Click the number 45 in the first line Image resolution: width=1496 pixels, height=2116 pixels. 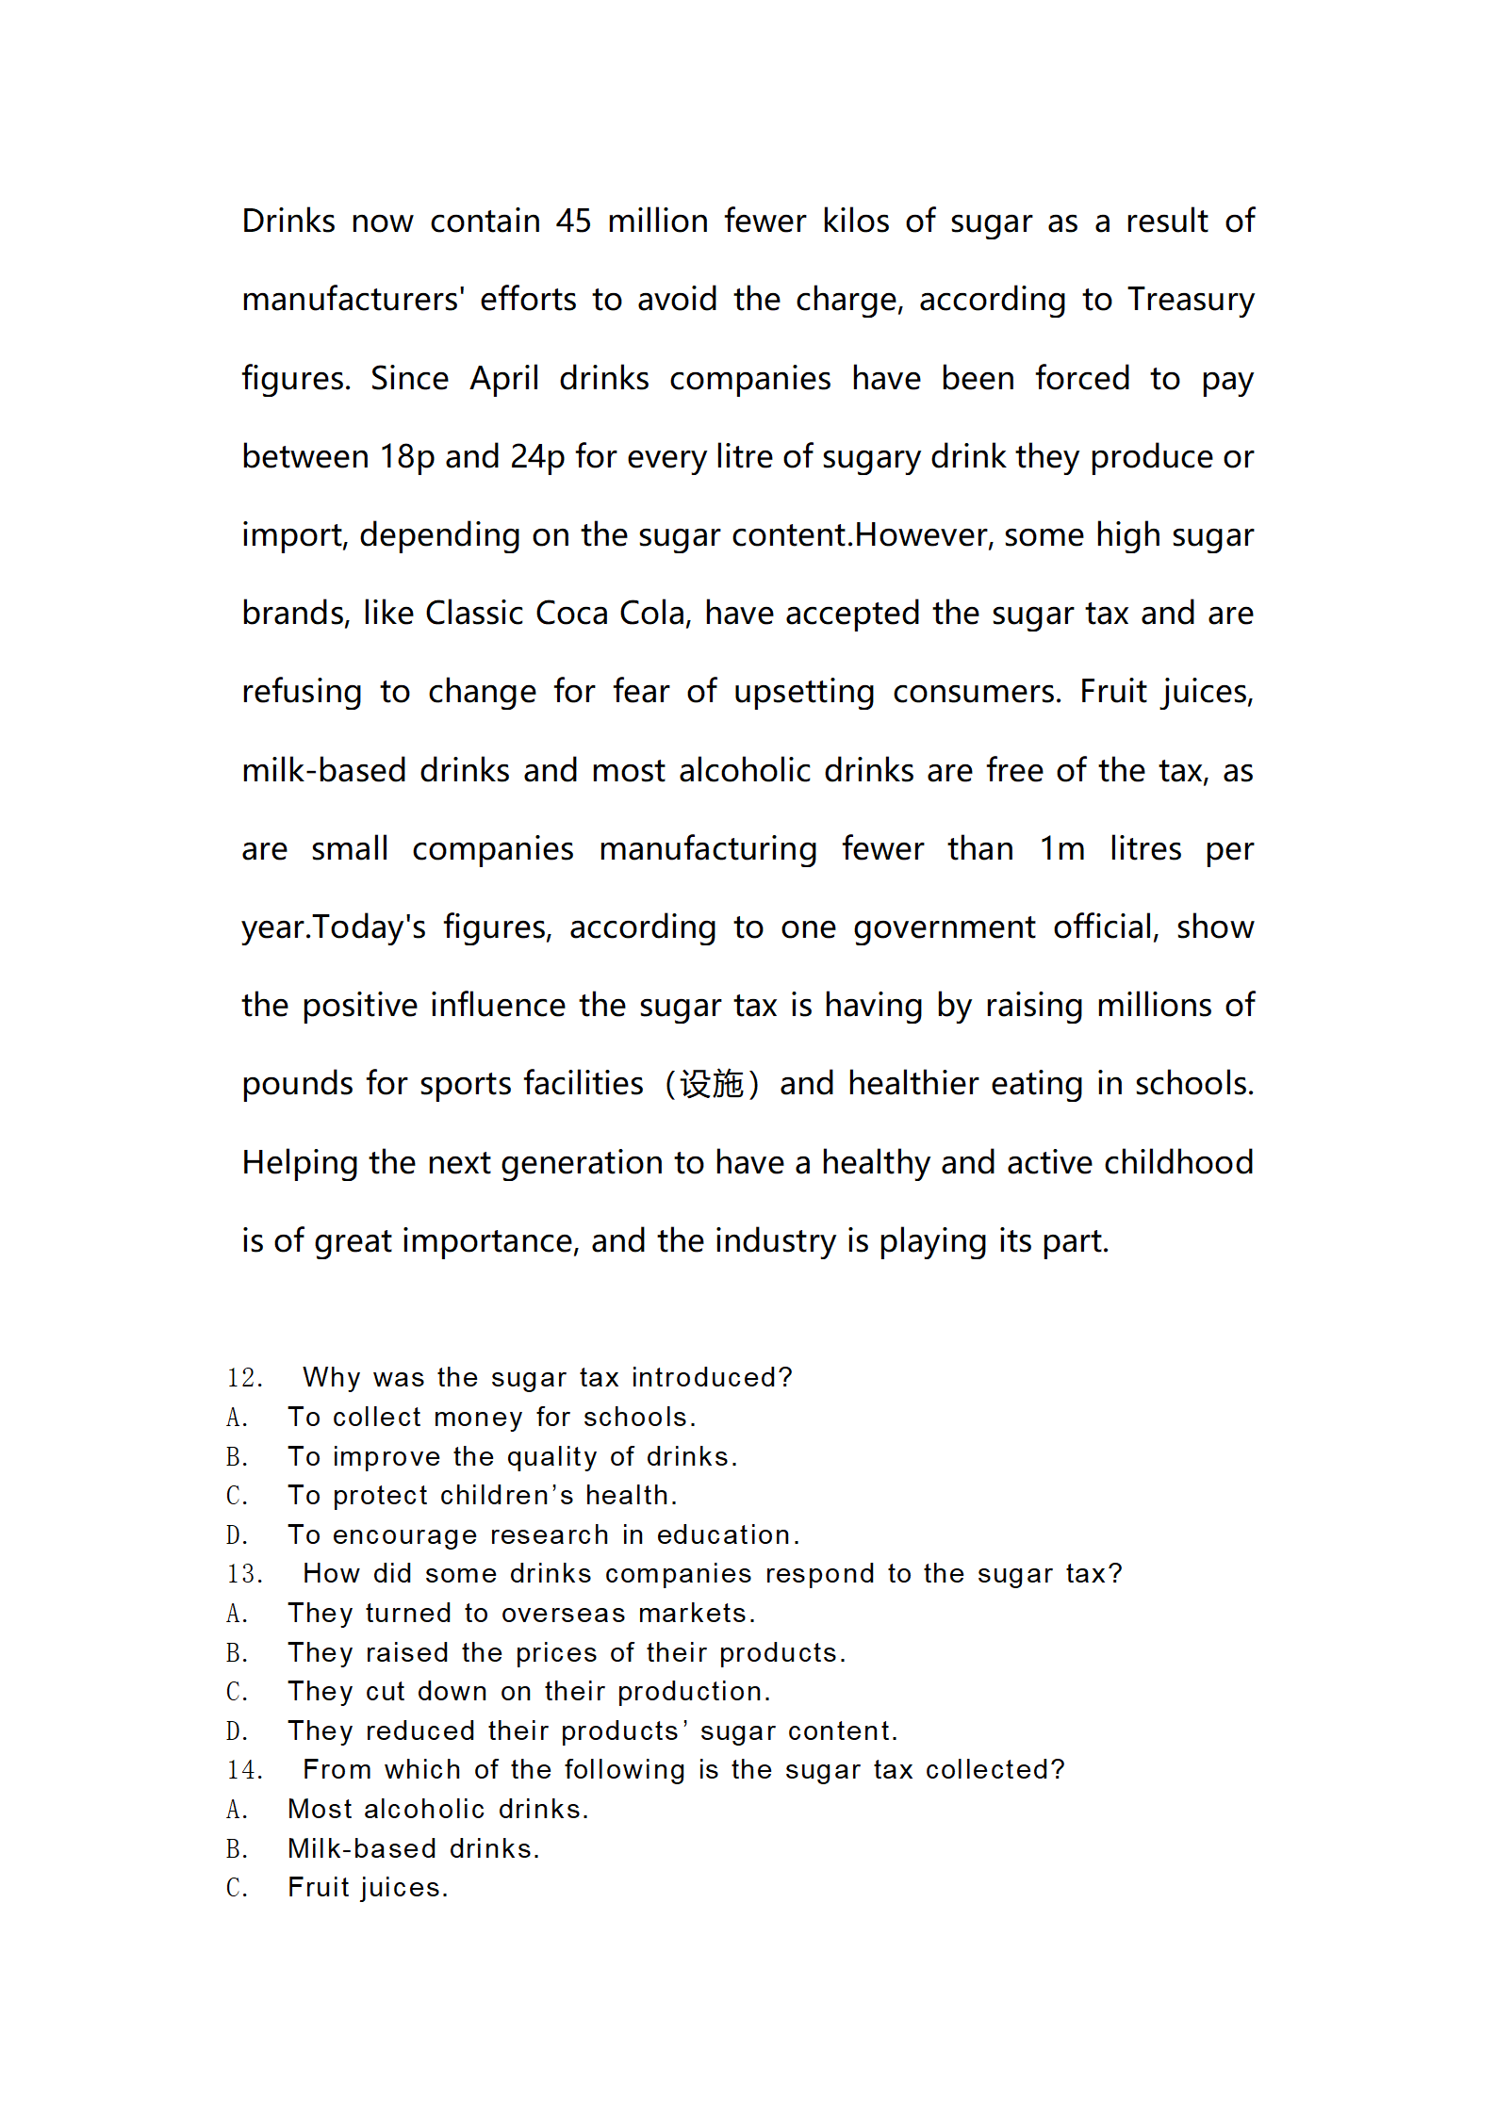pyautogui.click(x=572, y=221)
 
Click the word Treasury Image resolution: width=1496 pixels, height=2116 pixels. pyautogui.click(x=1191, y=300)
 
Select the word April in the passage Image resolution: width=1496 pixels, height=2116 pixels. pyautogui.click(x=503, y=379)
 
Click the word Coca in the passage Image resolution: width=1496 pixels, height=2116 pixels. pyautogui.click(x=571, y=614)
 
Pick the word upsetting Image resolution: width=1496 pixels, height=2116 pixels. pyautogui.click(x=803, y=692)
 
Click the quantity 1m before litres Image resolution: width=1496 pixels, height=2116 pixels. pyautogui.click(x=1061, y=849)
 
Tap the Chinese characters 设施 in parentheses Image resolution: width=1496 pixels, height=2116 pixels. pyautogui.click(x=712, y=1085)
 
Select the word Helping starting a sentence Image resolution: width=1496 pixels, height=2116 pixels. pyautogui.click(x=301, y=1163)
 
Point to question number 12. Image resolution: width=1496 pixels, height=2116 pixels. pyautogui.click(x=244, y=1378)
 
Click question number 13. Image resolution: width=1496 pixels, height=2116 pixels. pyautogui.click(x=244, y=1574)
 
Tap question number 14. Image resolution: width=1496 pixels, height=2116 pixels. pyautogui.click(x=244, y=1770)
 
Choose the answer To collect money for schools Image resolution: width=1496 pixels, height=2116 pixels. pyautogui.click(x=491, y=1418)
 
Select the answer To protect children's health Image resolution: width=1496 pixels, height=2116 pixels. pyautogui.click(x=482, y=1496)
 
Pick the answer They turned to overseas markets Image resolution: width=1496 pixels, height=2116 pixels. pyautogui.click(x=521, y=1614)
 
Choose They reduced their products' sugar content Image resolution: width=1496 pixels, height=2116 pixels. pyautogui.click(x=593, y=1731)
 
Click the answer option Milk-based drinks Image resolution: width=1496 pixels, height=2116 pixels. pyautogui.click(x=413, y=1849)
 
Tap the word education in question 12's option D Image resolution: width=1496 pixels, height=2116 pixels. pyautogui.click(x=727, y=1535)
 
